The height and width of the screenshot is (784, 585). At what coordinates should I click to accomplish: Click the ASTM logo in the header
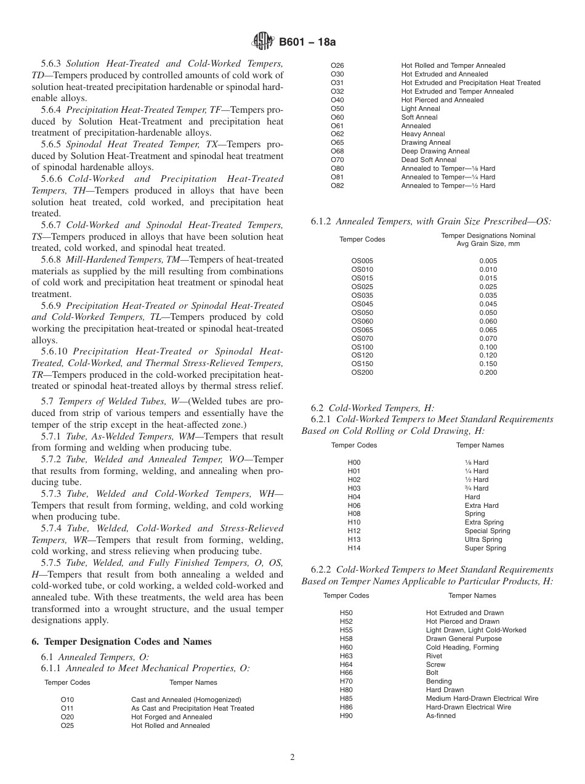(264, 42)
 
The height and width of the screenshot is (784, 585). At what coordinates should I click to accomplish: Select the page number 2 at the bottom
(292, 757)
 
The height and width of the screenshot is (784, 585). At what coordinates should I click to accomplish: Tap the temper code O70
(337, 160)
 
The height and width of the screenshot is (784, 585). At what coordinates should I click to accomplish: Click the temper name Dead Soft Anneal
(429, 160)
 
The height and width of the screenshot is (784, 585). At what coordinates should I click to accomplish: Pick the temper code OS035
(362, 295)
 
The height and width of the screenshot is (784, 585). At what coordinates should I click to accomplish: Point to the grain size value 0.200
(488, 372)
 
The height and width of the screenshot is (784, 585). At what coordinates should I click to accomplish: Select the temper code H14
(354, 548)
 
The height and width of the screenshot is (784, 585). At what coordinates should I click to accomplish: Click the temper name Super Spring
(485, 548)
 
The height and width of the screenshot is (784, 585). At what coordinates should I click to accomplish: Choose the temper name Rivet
(434, 656)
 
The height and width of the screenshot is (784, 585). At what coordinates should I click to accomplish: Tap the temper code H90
(346, 716)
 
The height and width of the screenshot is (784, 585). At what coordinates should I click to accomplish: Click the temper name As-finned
(441, 716)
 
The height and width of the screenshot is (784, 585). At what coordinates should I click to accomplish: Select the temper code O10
(67, 700)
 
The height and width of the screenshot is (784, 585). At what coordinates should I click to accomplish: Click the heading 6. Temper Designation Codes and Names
(121, 642)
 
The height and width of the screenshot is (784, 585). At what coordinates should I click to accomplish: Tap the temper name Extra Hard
(482, 505)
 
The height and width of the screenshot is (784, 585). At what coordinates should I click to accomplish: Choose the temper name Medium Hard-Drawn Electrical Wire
(482, 698)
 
